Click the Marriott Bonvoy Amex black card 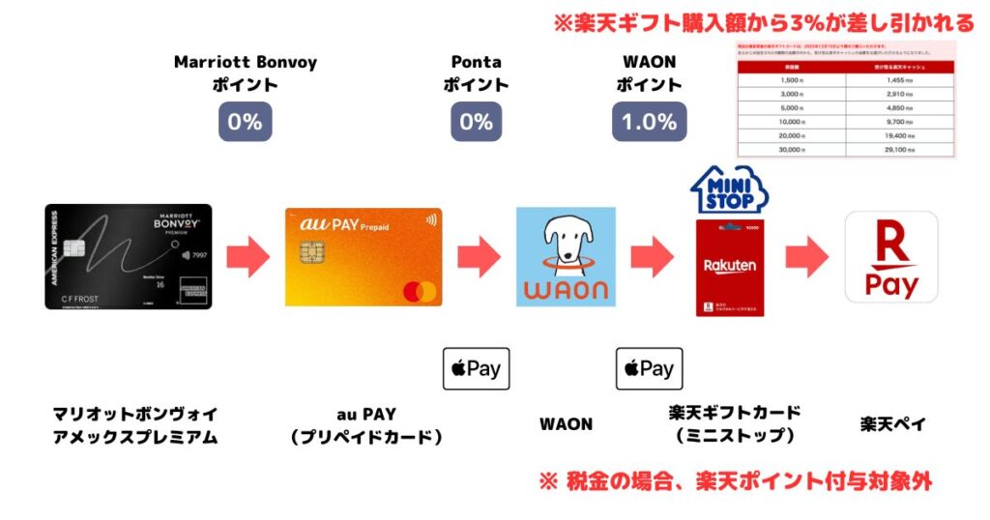(128, 256)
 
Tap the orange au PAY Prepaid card (364, 257)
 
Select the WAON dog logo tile (566, 257)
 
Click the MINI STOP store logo (730, 190)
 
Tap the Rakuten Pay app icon (890, 257)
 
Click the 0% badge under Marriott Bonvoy (245, 122)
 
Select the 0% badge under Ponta (477, 122)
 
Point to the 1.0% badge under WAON (650, 122)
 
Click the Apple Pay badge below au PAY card (476, 368)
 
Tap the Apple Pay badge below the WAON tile (650, 368)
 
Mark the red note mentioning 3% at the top (764, 21)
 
